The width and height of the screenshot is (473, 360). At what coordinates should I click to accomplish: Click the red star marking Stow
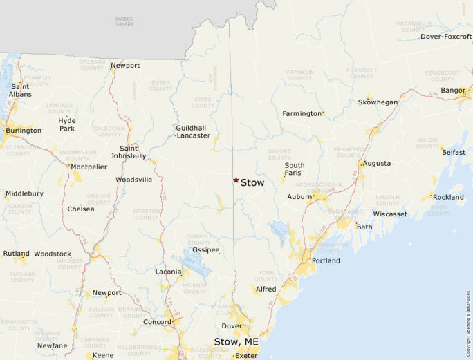[236, 180]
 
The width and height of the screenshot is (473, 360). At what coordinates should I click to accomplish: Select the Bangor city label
[453, 91]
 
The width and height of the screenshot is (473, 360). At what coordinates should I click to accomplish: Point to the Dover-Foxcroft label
[446, 37]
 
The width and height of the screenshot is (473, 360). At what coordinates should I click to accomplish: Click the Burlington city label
[24, 131]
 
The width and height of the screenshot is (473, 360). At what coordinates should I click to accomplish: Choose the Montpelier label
[89, 167]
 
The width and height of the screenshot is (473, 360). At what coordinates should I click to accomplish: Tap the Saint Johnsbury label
[133, 152]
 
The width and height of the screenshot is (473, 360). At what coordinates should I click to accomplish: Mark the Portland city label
[326, 261]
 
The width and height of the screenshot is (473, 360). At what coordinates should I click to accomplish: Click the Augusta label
[376, 164]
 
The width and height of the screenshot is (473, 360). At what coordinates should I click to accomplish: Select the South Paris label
[295, 170]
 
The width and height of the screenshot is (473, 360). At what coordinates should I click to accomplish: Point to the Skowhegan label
[378, 102]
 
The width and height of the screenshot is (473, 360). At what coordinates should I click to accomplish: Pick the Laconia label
[169, 272]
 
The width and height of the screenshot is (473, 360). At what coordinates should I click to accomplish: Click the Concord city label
[157, 322]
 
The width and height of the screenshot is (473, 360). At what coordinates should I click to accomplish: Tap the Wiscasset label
[390, 214]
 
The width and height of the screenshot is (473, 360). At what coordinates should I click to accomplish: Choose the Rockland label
[448, 198]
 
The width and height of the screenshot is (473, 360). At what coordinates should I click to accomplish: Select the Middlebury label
[24, 194]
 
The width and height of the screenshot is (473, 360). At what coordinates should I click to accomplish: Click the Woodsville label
[133, 180]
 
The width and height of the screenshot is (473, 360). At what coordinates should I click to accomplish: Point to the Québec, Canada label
[124, 21]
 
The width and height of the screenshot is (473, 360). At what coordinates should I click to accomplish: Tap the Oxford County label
[280, 153]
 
